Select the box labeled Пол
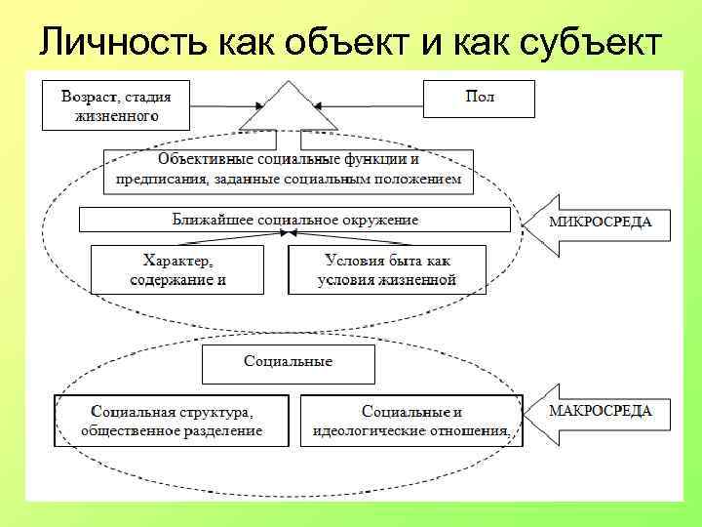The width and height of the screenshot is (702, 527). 480,99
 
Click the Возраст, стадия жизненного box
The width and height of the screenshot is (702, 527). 116,104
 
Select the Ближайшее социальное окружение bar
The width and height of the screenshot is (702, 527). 294,220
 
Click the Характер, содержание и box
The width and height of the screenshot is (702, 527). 177,269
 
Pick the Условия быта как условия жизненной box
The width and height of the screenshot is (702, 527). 387,269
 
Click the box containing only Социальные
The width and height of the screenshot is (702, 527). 288,363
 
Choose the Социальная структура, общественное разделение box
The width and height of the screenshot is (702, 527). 172,421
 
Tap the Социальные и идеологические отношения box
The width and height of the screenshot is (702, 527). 411,421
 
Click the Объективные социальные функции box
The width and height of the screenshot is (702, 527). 289,169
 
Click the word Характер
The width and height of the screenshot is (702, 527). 177,262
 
